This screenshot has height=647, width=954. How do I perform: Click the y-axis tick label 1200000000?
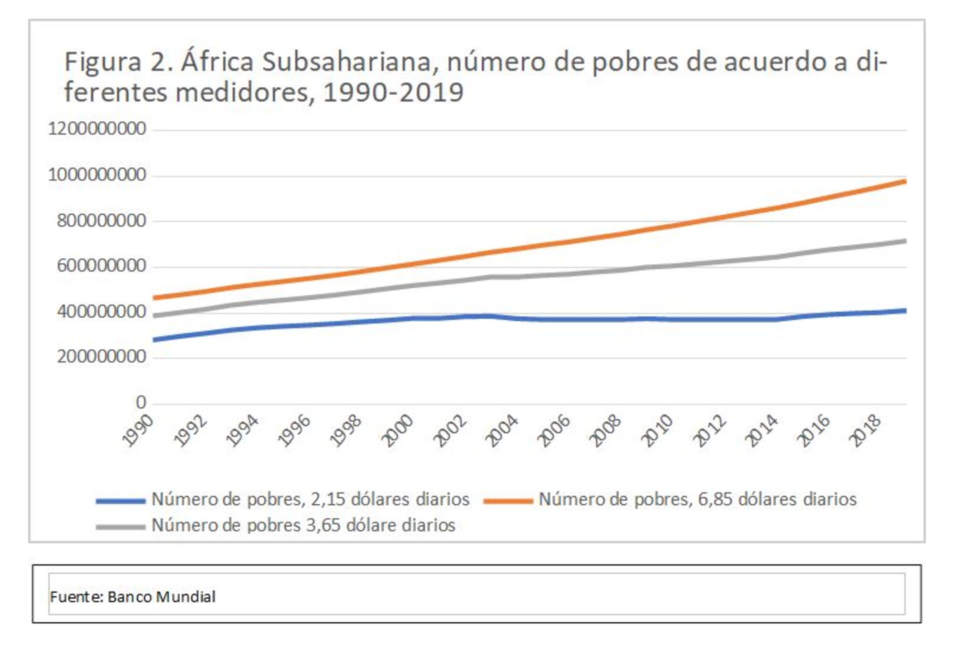click(97, 129)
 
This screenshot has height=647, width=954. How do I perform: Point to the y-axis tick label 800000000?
click(101, 221)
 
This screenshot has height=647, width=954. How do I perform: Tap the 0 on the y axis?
click(140, 403)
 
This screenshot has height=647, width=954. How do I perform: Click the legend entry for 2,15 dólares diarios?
click(310, 499)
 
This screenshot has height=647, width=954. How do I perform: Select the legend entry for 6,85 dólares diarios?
click(697, 499)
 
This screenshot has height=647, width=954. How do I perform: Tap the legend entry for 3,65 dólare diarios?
click(303, 525)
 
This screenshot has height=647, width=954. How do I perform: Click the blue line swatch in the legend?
click(120, 501)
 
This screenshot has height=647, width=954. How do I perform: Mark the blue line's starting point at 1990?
click(155, 340)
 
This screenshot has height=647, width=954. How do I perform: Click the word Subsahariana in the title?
click(347, 62)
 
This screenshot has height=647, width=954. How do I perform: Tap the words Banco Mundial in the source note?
click(161, 596)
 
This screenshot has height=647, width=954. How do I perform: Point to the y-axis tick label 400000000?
click(101, 312)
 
